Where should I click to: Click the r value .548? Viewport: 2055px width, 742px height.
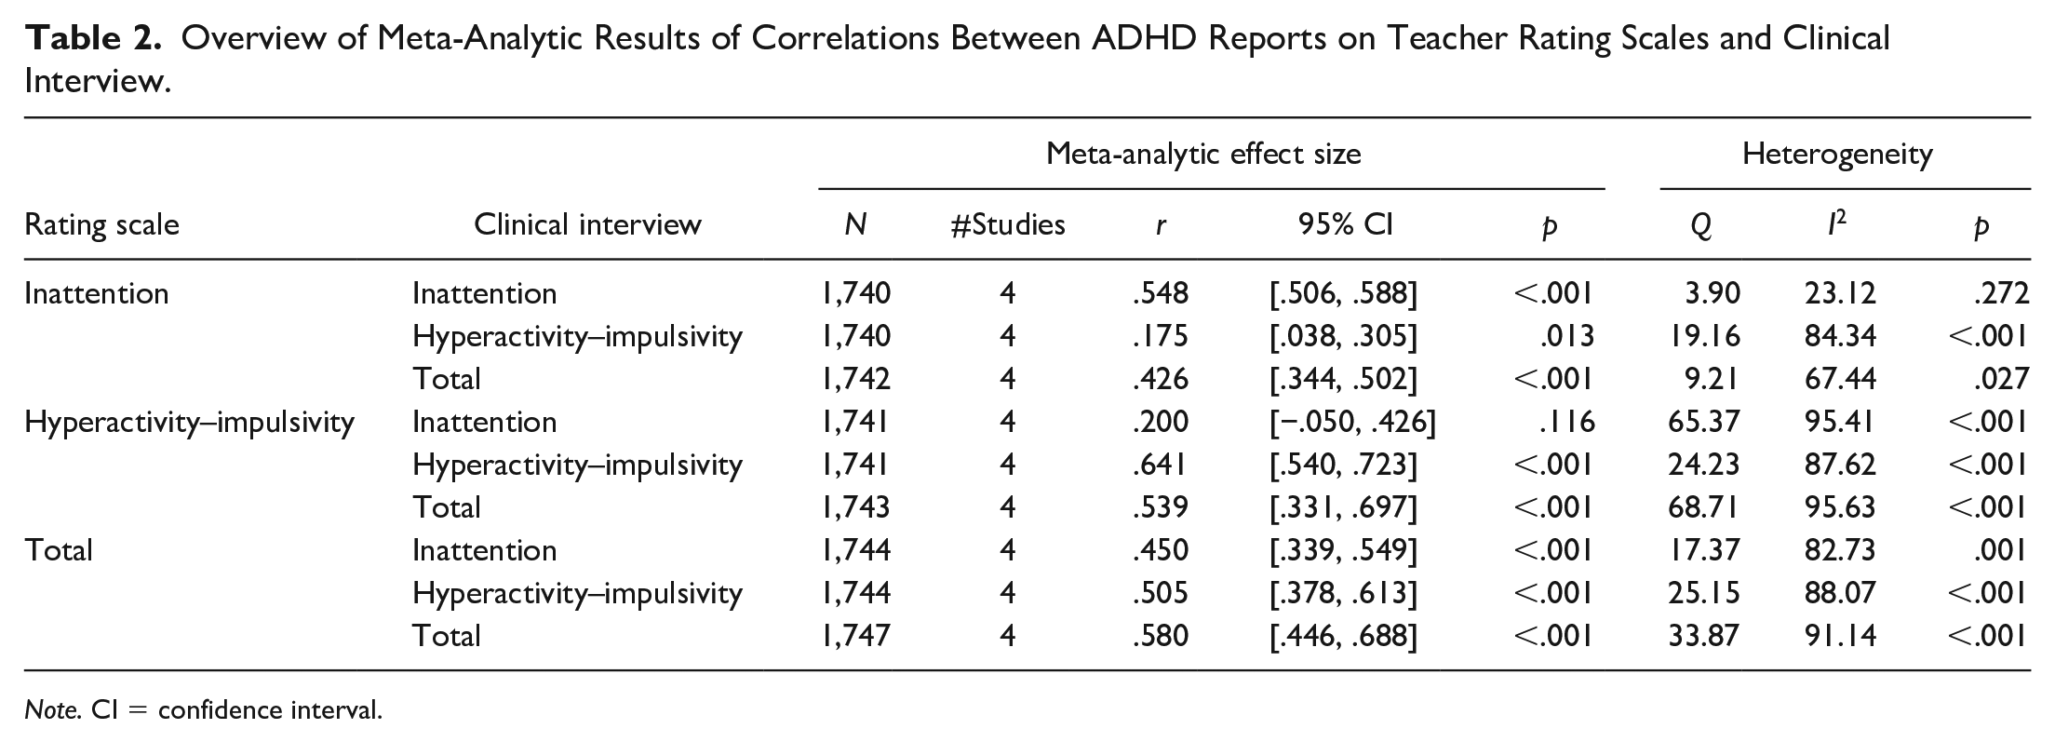[x=1161, y=293]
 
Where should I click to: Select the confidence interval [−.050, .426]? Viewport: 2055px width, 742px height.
[x=1352, y=422]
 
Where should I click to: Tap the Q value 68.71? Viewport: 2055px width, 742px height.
[x=1703, y=507]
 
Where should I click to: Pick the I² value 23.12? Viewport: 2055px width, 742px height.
[x=1840, y=293]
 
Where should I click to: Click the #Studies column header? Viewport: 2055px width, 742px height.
[x=1007, y=224]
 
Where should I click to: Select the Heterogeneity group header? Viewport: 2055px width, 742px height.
[x=1837, y=154]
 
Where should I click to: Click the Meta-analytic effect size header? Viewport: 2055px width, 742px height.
[x=1203, y=154]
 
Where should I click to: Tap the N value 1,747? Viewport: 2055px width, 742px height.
[x=855, y=636]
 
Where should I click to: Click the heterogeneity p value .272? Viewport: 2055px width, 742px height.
[x=2000, y=293]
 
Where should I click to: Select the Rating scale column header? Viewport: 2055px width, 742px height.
[x=101, y=225]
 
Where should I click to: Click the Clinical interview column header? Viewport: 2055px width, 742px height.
[x=587, y=224]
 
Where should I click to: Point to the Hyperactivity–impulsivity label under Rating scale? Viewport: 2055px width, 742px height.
[x=190, y=423]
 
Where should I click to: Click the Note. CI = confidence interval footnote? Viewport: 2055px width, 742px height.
[x=204, y=710]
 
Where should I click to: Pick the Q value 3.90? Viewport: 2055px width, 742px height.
[x=1712, y=293]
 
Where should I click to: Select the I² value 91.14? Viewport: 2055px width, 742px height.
[x=1840, y=636]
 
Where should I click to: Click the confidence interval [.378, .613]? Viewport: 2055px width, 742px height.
[x=1343, y=593]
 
